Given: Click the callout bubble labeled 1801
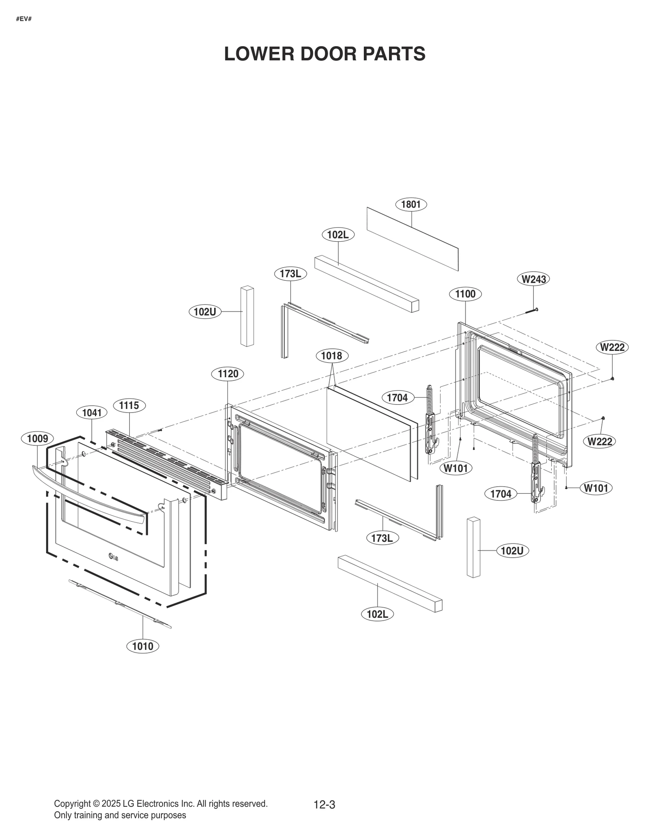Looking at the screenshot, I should coord(410,204).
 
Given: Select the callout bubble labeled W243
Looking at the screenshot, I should coord(533,279).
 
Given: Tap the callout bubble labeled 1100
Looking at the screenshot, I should coord(465,294).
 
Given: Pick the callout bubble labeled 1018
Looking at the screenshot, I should coord(331,356).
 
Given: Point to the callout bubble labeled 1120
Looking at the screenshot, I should coord(228,374).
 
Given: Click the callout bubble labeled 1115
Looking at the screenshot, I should coord(129,405).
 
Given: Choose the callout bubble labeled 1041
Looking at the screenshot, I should coord(92,413).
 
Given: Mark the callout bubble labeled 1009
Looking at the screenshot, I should coord(37,438).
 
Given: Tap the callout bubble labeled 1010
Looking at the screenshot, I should coord(143,646).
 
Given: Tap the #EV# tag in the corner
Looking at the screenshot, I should coord(24,19).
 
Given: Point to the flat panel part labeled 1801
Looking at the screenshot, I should coord(412,239).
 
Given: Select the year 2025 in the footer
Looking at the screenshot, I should coord(111,803).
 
